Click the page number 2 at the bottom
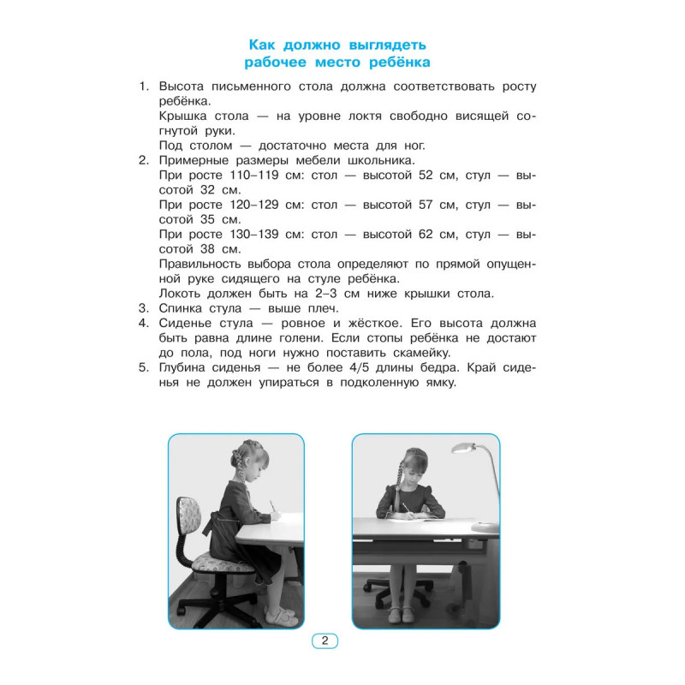[325, 640]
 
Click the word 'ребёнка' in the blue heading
[399, 63]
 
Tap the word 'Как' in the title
[262, 45]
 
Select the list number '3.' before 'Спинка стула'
[144, 308]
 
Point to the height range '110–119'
[253, 176]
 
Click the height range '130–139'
[253, 235]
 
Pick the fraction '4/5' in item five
[359, 368]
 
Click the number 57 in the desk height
[426, 205]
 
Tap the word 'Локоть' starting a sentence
[179, 294]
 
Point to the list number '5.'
[144, 368]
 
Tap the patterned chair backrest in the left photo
[188, 519]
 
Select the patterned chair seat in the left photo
[223, 563]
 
